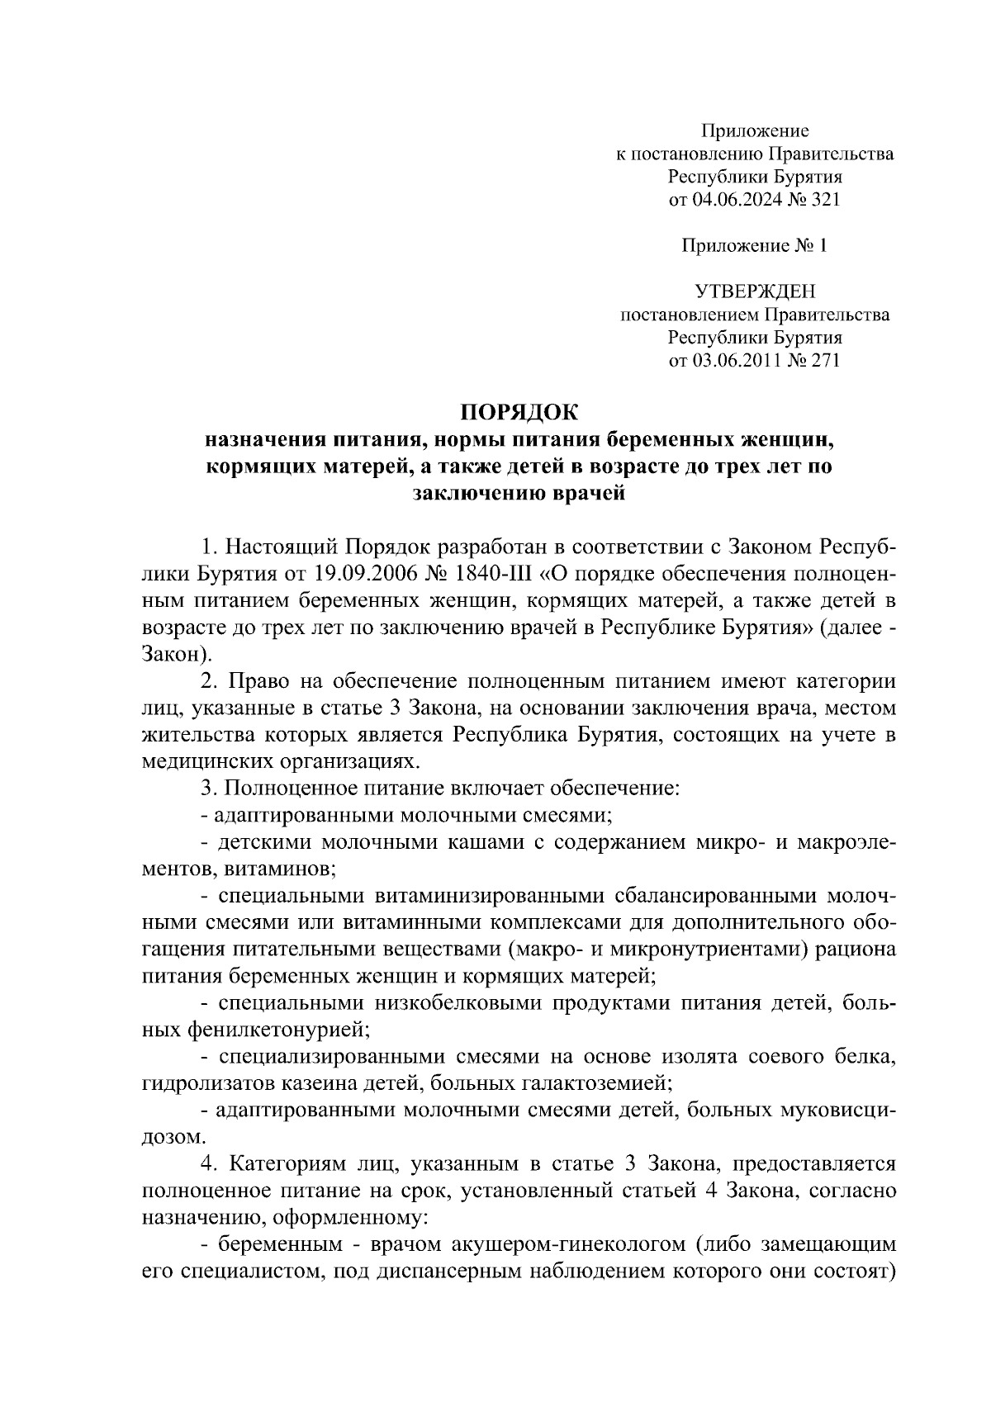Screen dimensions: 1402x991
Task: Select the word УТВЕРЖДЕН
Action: pyautogui.click(x=755, y=291)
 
